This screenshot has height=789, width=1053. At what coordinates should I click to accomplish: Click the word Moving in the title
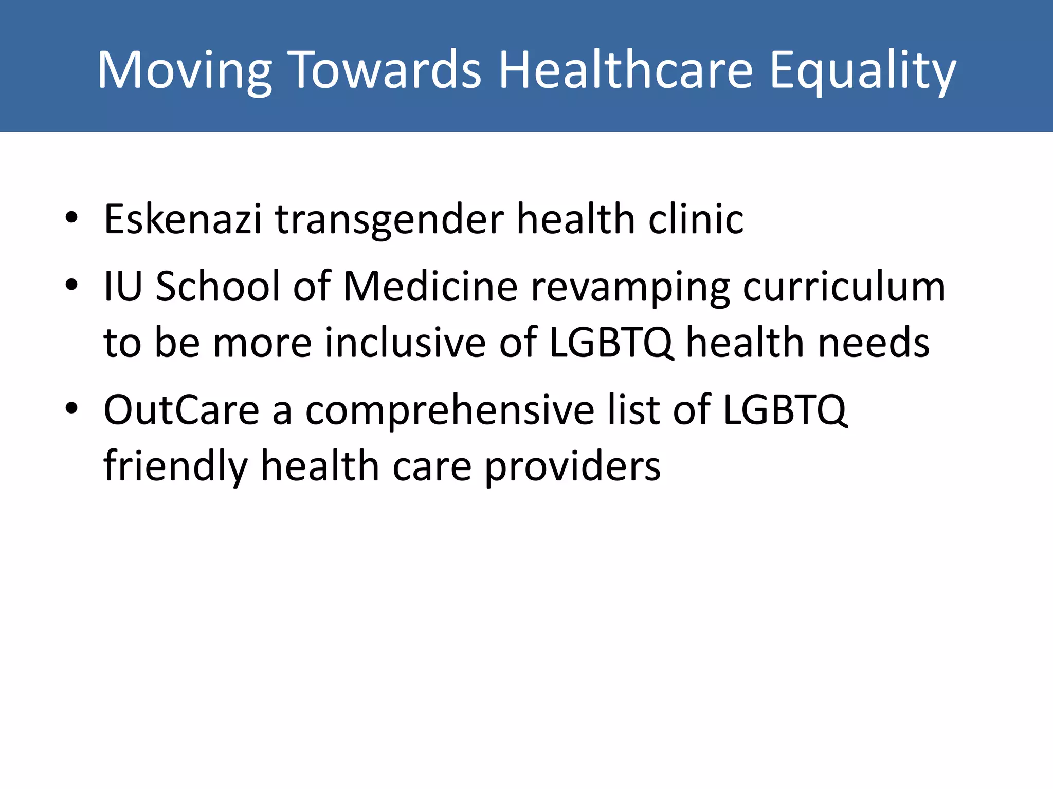pos(184,71)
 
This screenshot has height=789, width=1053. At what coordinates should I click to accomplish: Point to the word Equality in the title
pos(862,71)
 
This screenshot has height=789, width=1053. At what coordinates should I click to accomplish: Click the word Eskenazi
pos(183,219)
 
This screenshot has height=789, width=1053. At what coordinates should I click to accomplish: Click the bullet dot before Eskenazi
pos(71,218)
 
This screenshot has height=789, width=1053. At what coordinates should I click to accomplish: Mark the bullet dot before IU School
pos(71,285)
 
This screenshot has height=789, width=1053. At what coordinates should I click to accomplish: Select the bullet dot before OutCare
pos(71,409)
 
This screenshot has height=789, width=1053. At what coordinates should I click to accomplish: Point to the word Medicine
pos(430,286)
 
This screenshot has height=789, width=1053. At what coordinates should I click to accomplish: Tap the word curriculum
pos(844,286)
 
